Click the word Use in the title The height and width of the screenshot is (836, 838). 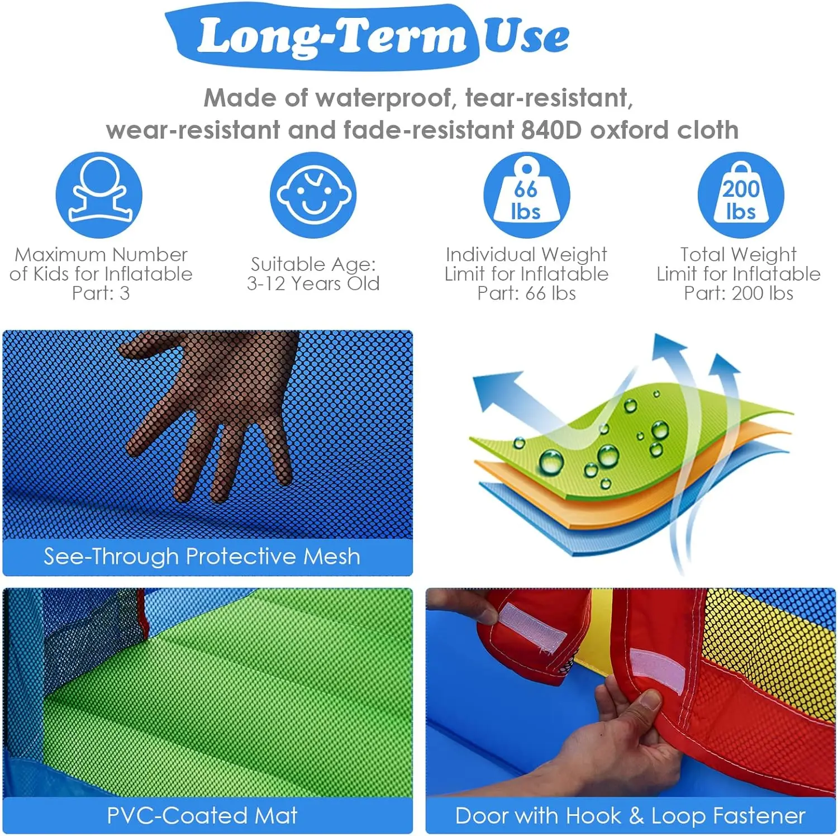(526, 35)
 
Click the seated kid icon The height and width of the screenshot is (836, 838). (99, 195)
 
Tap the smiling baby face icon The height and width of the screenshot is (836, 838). (313, 195)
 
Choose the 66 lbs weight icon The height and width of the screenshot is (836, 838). (526, 195)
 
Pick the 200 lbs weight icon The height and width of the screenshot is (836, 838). (741, 195)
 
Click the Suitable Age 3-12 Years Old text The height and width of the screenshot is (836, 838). (313, 274)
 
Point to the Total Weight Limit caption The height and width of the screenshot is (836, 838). (739, 274)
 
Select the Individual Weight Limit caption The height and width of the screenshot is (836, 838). (526, 274)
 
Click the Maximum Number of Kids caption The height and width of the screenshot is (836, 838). (101, 274)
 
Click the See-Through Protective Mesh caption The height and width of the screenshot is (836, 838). (202, 557)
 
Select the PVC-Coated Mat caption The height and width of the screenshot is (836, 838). (202, 815)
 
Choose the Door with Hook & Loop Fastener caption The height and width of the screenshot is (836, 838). (630, 816)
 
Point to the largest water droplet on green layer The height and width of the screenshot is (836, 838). (551, 462)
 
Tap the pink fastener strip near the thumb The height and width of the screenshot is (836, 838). (658, 669)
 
